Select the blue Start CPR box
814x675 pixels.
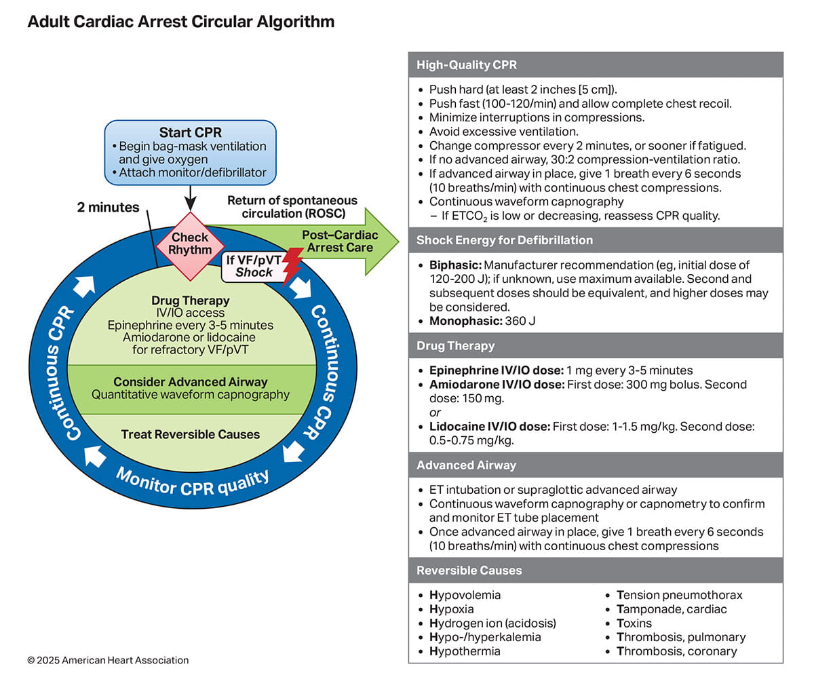coord(190,153)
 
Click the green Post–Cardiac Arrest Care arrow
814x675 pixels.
coord(339,241)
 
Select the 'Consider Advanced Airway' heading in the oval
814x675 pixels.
coord(191,382)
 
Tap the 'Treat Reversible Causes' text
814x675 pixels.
coord(191,434)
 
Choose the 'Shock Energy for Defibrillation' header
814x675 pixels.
coord(505,240)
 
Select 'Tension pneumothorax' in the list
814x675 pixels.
coord(679,595)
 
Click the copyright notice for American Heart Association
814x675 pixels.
coord(108,660)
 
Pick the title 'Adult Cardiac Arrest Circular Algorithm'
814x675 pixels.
coord(180,22)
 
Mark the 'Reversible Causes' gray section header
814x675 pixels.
coord(469,570)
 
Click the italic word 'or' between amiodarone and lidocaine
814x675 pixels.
coord(435,412)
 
